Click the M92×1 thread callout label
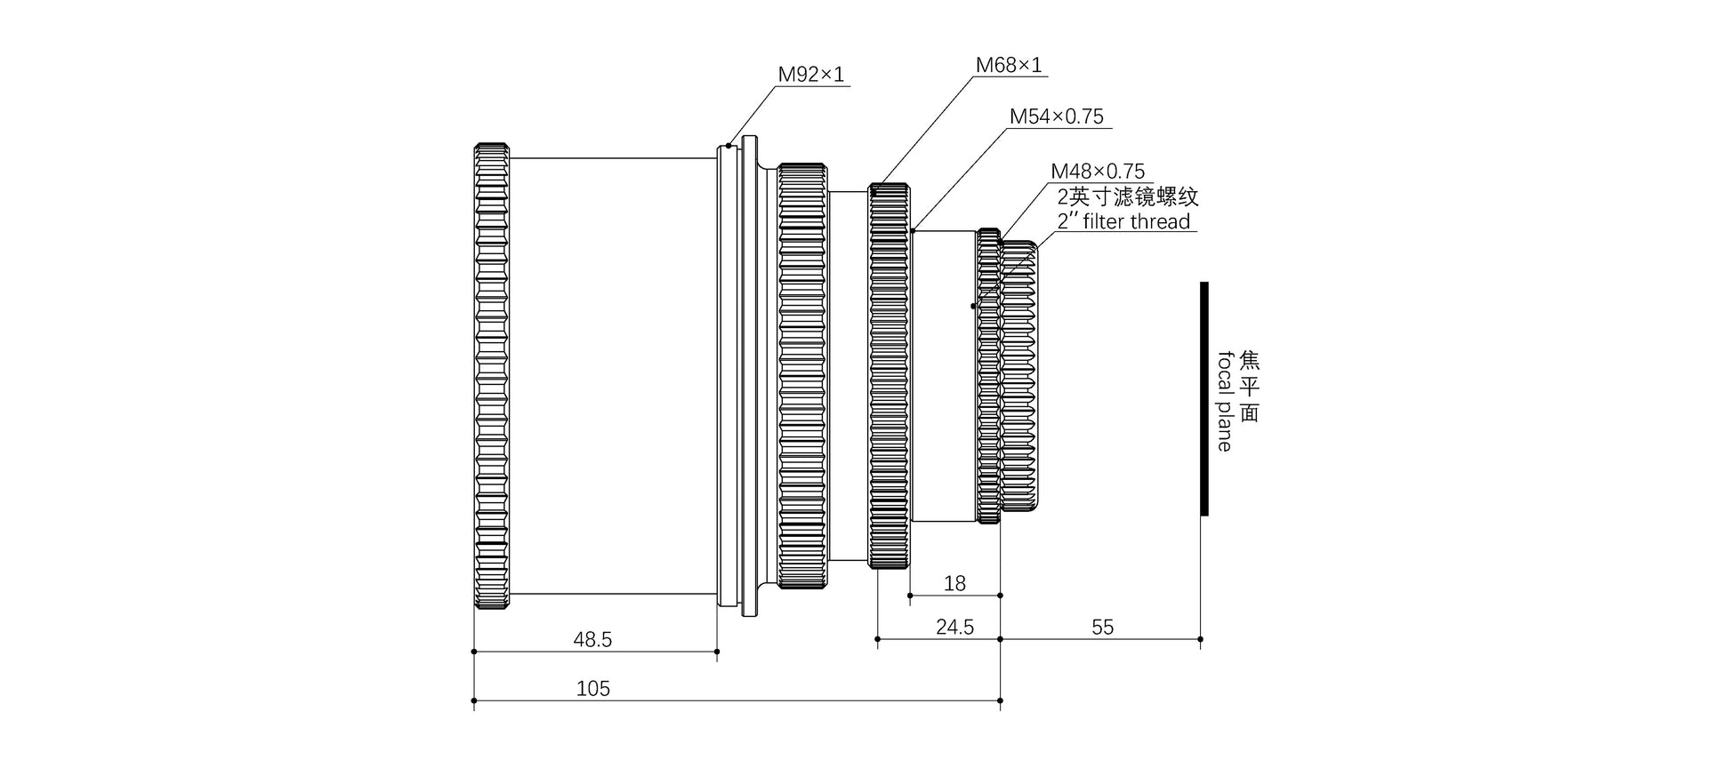(810, 75)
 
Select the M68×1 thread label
(1008, 65)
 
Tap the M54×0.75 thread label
(1056, 116)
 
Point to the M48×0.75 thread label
(1098, 171)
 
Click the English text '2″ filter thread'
(1123, 221)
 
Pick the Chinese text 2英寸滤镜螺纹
(1127, 196)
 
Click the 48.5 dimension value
(592, 639)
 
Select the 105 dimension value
(592, 689)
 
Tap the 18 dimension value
(954, 584)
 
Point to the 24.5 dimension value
(954, 628)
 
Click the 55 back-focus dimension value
(1102, 628)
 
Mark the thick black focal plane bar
(1204, 398)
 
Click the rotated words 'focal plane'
(1225, 401)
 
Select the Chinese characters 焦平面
(1250, 387)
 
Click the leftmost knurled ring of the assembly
(491, 375)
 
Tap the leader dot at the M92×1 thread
(729, 145)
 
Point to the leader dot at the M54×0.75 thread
(913, 230)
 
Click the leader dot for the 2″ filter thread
(973, 306)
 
